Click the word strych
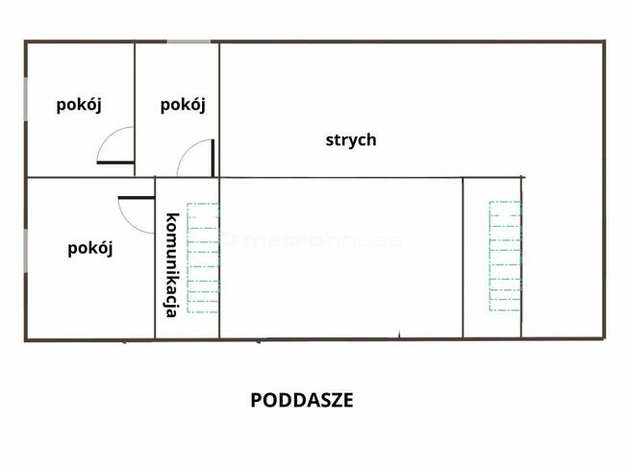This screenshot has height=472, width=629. [350, 139]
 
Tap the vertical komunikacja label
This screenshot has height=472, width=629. [171, 263]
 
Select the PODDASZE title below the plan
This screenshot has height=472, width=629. [302, 400]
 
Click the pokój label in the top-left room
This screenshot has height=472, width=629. [79, 105]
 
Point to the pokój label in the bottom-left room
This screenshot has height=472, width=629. [90, 248]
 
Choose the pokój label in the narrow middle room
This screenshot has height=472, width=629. [183, 105]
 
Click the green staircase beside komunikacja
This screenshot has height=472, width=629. [203, 257]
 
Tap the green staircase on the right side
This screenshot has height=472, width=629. [504, 257]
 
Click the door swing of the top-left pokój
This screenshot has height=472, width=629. [117, 145]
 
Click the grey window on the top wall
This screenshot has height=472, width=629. [190, 41]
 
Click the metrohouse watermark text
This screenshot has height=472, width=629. [313, 241]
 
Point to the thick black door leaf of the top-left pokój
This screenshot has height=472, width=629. [115, 162]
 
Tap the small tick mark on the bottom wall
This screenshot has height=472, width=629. [399, 335]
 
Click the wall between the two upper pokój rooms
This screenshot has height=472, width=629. [135, 106]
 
